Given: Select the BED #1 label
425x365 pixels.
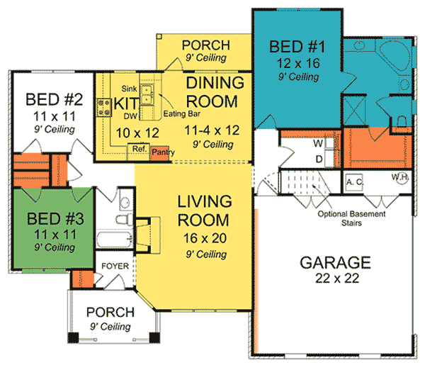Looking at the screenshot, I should point(298,48).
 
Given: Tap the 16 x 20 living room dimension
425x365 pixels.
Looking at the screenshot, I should point(203,237).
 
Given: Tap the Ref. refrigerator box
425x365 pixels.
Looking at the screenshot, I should point(137,150).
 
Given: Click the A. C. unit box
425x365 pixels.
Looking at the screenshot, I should point(354,181).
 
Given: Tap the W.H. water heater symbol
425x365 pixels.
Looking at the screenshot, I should point(400,179).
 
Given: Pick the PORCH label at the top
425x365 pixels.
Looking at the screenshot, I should point(202,44).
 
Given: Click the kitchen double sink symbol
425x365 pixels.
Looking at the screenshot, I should point(147,94).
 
